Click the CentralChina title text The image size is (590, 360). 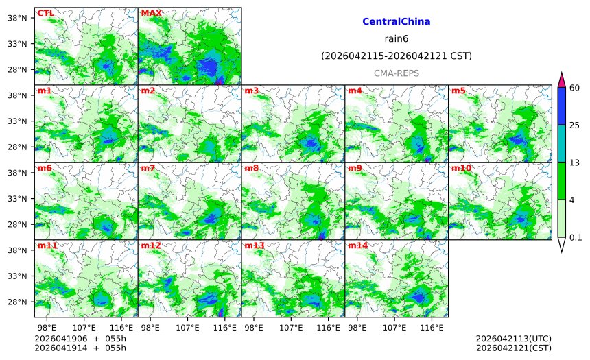click(396, 22)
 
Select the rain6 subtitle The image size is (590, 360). click(396, 39)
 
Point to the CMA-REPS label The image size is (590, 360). click(396, 73)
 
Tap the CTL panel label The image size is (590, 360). click(45, 13)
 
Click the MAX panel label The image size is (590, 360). click(151, 13)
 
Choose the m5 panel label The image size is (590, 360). click(458, 91)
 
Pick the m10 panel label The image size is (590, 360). click(461, 168)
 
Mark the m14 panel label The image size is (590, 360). click(357, 245)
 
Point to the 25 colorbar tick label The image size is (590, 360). click(575, 125)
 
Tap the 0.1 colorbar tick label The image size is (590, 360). click(576, 237)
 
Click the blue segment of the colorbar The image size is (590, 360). click(561, 106)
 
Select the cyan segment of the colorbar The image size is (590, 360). click(561, 143)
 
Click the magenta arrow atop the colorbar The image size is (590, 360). click(561, 80)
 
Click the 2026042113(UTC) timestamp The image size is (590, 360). click(513, 339)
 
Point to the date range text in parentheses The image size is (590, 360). click(396, 56)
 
